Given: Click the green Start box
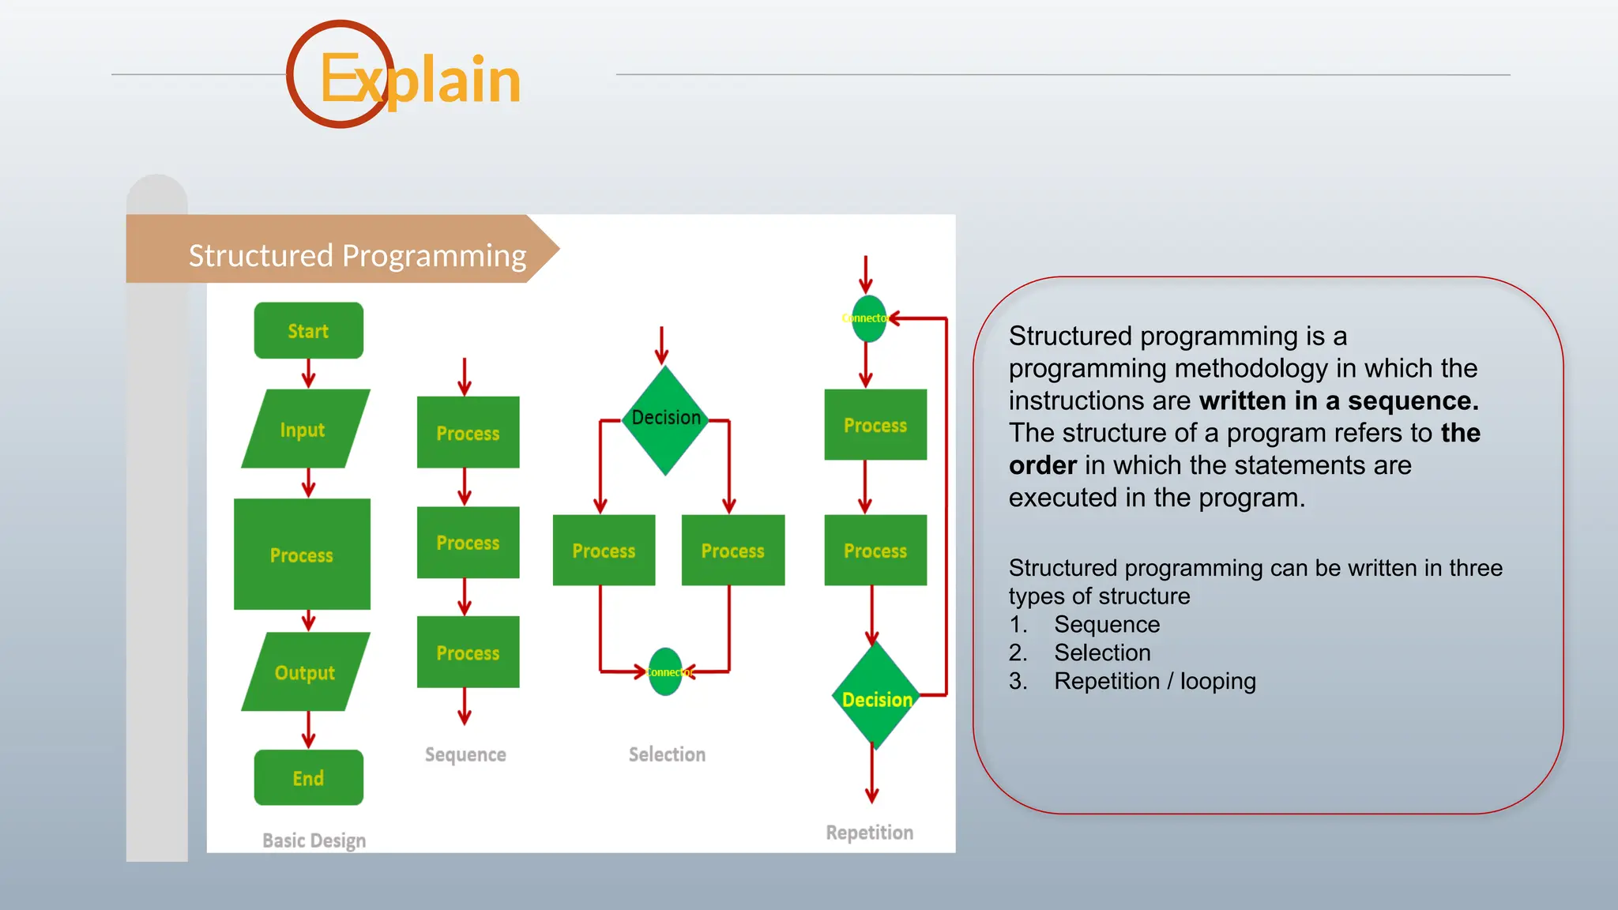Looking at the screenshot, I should coord(308,330).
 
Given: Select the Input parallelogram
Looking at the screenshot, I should coord(305,429).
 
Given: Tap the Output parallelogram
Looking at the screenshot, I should coord(305,672).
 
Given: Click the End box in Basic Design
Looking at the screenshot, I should coord(308,778).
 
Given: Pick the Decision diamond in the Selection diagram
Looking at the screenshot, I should coord(666,419).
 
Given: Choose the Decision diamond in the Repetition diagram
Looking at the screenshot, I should coord(875,697).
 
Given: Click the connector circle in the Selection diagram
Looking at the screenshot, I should coord(665,672).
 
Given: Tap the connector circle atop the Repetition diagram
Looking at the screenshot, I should coord(868,318).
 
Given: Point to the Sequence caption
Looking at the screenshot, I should coord(465,754).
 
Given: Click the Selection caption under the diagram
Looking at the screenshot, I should coord(667,754).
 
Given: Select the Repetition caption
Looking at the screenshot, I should coord(869,833).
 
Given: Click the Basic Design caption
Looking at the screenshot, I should coord(314,840).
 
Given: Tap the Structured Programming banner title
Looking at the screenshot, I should coord(357,256).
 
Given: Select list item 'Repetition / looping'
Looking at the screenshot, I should coord(1154,681).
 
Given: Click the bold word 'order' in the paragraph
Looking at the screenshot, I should coord(1043,465).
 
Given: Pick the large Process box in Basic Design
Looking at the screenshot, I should coord(302,554).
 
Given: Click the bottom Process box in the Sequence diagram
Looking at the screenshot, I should coord(468,652).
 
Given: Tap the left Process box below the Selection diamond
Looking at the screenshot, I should coord(604,551).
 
